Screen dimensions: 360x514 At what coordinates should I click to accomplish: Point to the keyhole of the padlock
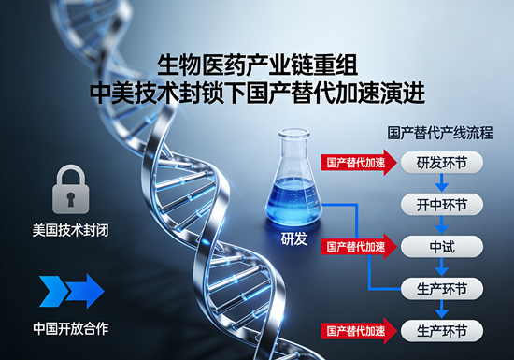point(71,196)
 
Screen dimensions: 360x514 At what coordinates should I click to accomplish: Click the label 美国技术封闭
point(71,228)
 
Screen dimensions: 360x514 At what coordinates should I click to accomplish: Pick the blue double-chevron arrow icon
point(71,291)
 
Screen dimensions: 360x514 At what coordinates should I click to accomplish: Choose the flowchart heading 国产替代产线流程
point(439,134)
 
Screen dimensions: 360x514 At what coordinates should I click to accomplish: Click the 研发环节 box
point(442,163)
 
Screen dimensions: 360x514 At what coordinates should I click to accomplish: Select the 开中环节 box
point(442,204)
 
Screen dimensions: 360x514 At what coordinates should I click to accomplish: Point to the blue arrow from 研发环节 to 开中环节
point(442,183)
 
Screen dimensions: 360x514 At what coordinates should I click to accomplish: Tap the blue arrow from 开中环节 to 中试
point(442,225)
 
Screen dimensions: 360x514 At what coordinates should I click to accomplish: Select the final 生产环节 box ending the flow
point(442,330)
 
